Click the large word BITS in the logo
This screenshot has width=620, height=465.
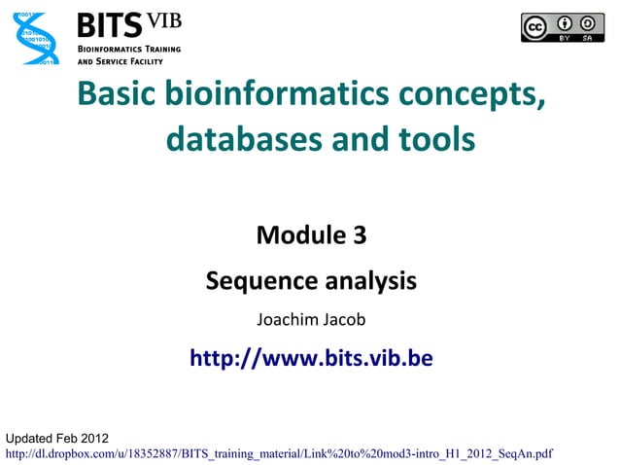coord(109,24)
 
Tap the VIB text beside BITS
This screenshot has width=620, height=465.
coord(163,21)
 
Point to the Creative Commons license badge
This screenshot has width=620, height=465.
coord(562,27)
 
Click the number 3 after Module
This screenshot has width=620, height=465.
coord(360,234)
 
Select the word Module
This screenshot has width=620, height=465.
coord(297,234)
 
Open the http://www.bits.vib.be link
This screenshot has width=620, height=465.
coord(311,358)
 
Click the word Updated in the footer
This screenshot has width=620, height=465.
coord(31,437)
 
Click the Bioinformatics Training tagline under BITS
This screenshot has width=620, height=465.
coord(127,48)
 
